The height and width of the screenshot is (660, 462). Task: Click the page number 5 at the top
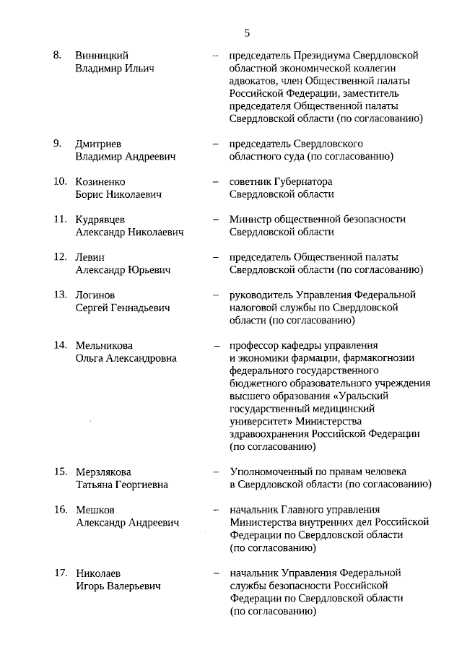(x=247, y=32)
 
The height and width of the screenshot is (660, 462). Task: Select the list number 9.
(x=57, y=143)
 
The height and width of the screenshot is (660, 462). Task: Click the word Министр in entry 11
(x=250, y=220)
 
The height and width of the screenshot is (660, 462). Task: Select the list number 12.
(x=60, y=257)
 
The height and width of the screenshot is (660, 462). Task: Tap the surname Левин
(x=90, y=257)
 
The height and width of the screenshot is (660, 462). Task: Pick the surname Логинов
(x=96, y=295)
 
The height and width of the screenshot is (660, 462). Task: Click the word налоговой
(x=253, y=308)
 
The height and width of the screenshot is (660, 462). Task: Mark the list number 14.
(x=60, y=345)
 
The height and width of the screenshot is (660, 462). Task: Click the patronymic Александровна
(x=138, y=358)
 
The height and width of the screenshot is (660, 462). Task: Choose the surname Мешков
(x=95, y=510)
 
